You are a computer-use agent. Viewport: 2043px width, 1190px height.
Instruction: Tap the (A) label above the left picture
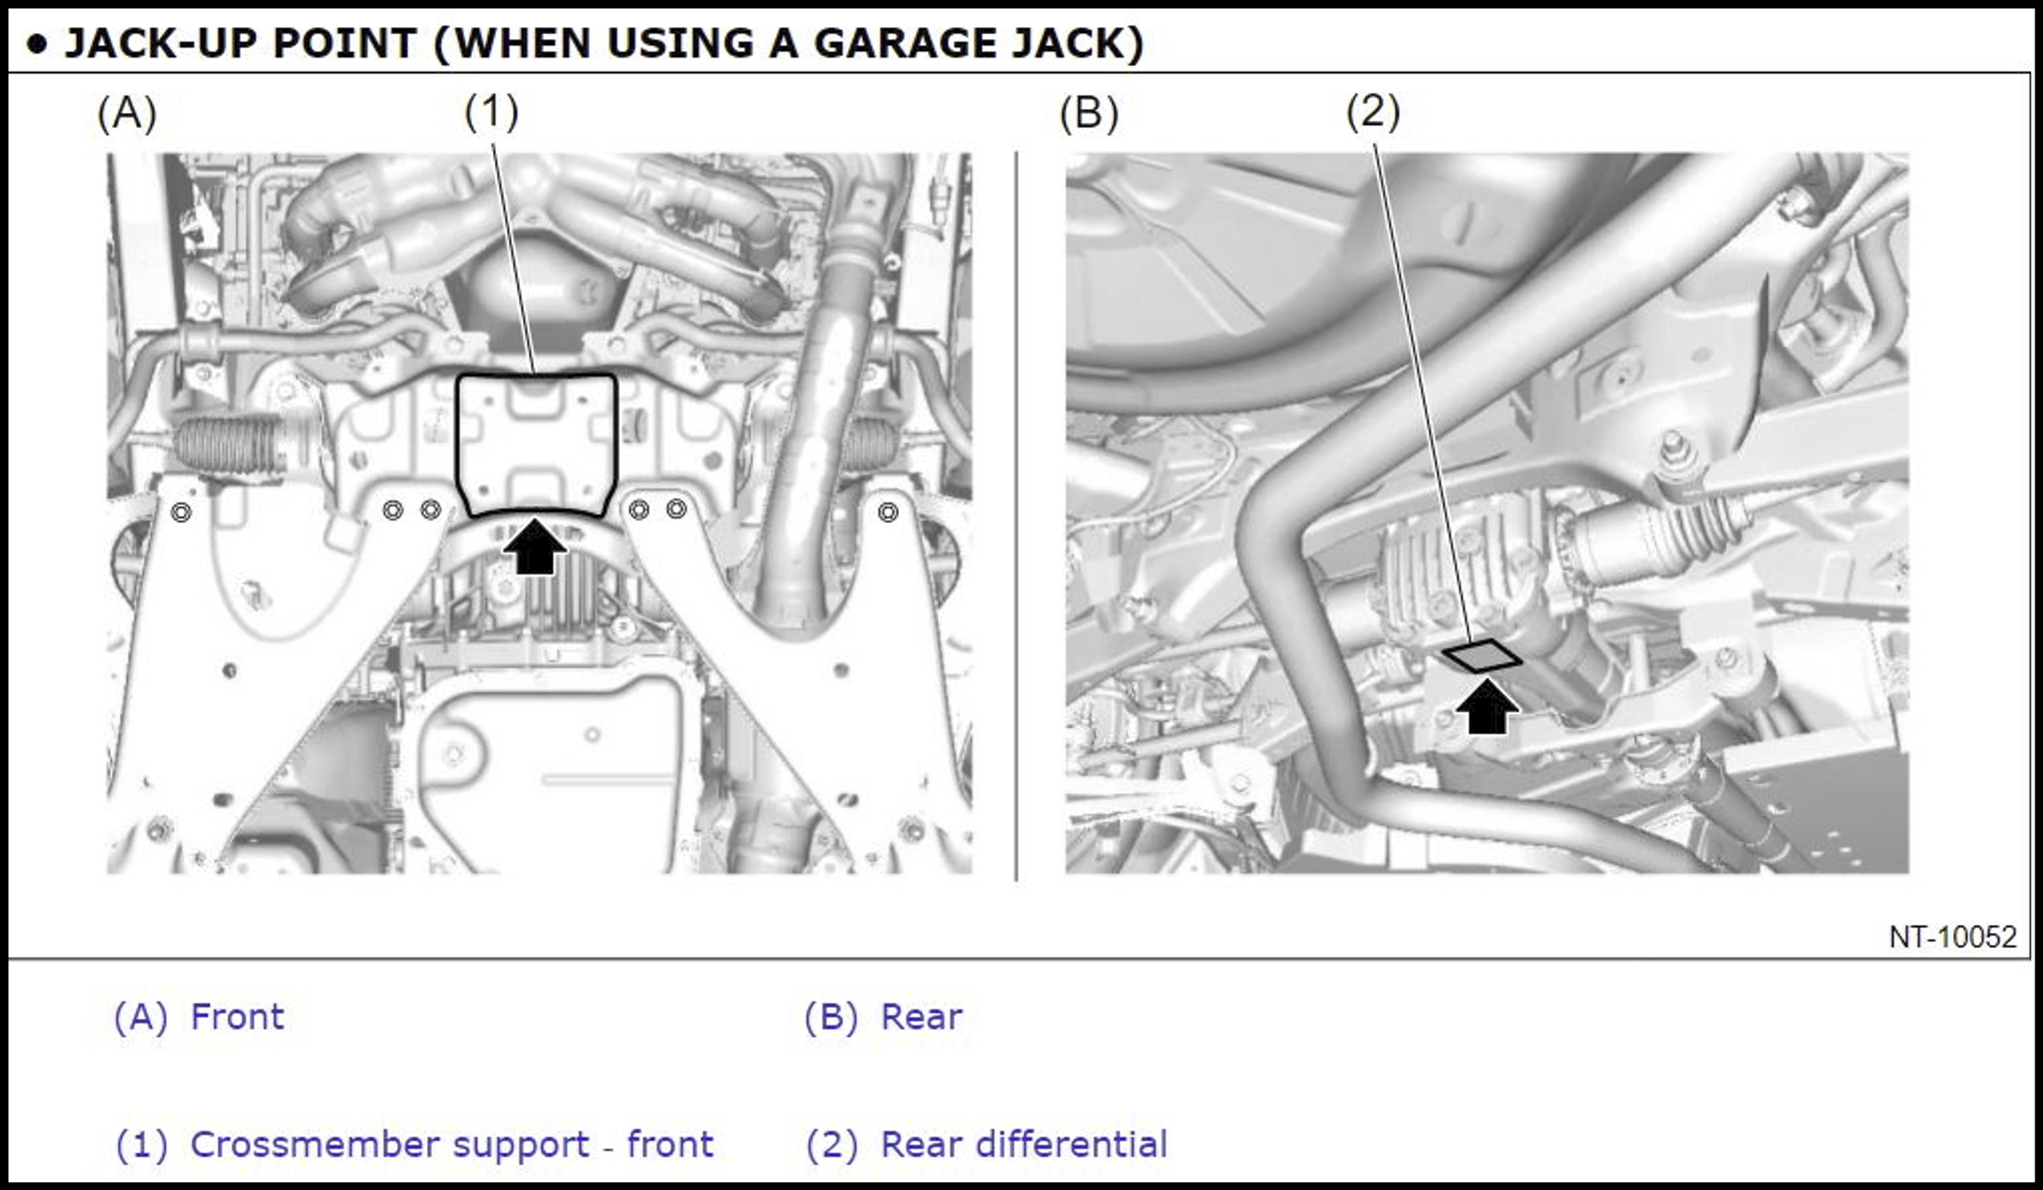(x=126, y=113)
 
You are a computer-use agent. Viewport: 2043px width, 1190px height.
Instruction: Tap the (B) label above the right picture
(x=1089, y=113)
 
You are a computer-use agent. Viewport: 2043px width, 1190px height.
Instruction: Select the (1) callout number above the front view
(x=491, y=111)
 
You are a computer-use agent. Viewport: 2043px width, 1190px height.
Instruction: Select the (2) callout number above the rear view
(x=1373, y=111)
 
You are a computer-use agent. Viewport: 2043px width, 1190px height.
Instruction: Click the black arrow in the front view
(x=535, y=547)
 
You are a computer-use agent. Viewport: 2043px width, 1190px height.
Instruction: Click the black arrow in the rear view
(x=1487, y=706)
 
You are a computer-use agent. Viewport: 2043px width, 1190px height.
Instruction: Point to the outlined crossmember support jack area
(x=458, y=441)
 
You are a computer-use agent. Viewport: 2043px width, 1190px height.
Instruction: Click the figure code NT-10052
(x=1952, y=936)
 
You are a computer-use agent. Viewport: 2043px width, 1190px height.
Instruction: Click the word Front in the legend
(x=238, y=1016)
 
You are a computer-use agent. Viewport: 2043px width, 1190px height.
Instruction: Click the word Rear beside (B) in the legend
(x=922, y=1016)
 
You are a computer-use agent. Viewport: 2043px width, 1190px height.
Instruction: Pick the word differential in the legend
(x=1072, y=1143)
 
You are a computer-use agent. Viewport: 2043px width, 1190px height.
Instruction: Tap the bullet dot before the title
(x=36, y=45)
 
